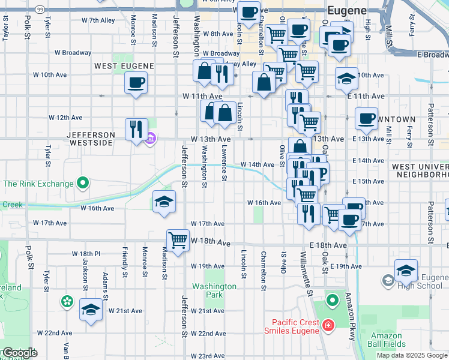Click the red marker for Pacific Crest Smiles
tap(328, 326)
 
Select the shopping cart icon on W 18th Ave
tap(178, 240)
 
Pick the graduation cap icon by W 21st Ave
tap(91, 310)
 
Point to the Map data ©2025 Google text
tap(411, 355)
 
